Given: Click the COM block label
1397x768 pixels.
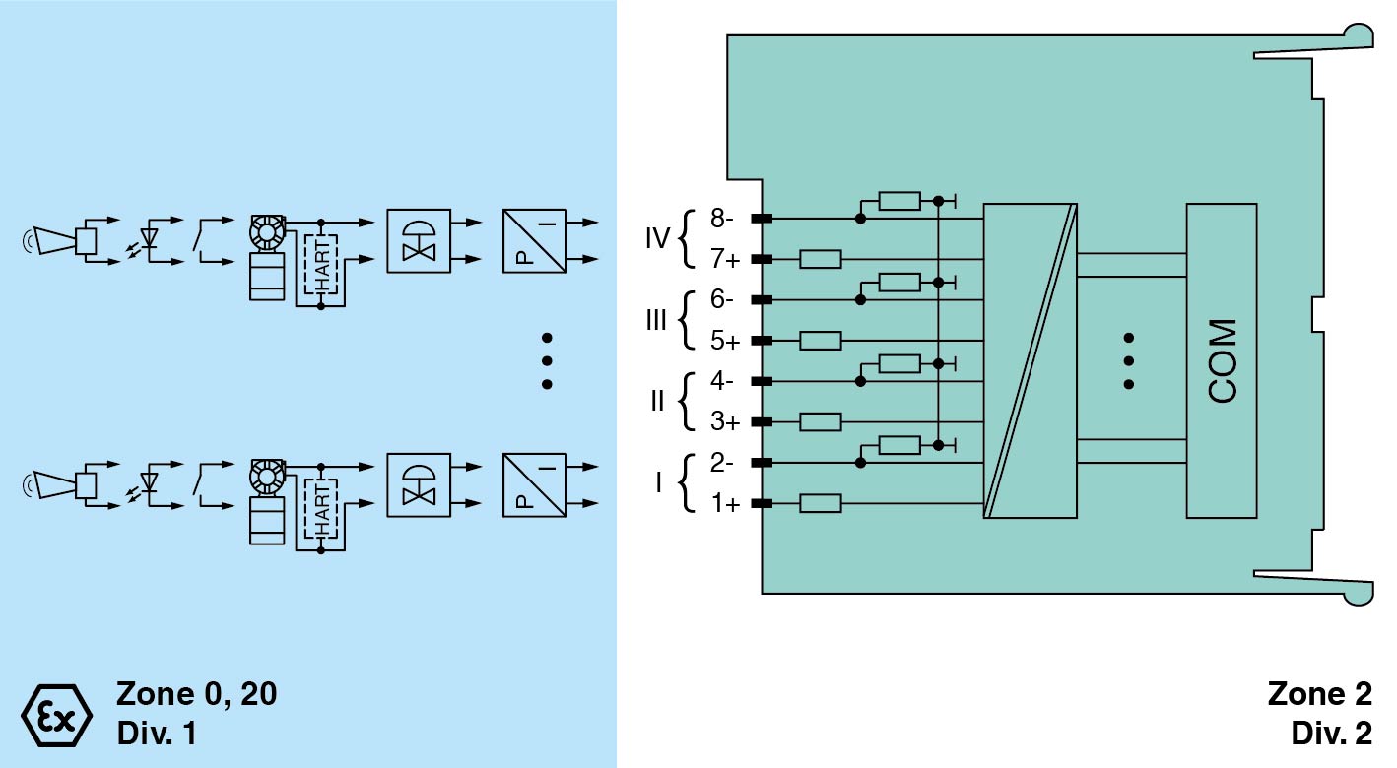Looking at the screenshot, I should pyautogui.click(x=1222, y=360).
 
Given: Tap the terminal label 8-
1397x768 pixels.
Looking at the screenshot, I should pyautogui.click(x=725, y=218).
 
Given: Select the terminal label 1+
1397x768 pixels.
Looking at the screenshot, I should pyautogui.click(x=725, y=504).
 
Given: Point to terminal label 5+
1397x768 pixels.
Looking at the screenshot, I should pyautogui.click(x=725, y=341).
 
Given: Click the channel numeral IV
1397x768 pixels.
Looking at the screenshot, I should pyautogui.click(x=657, y=238).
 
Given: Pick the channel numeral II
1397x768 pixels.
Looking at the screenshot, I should pyautogui.click(x=657, y=402).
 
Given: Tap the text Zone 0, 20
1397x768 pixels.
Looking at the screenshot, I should pyautogui.click(x=197, y=694).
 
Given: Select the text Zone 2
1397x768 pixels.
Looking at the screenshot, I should pyautogui.click(x=1319, y=694).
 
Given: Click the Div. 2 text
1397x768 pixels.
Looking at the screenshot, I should pyautogui.click(x=1330, y=734).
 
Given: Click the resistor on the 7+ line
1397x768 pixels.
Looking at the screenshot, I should pyautogui.click(x=820, y=259).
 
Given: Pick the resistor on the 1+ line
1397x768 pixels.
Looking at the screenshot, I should pyautogui.click(x=820, y=504).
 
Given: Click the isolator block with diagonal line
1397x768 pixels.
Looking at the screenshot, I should pyautogui.click(x=1030, y=360).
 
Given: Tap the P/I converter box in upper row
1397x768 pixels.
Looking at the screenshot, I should pyautogui.click(x=533, y=239).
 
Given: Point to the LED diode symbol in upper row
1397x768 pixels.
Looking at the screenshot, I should pyautogui.click(x=150, y=239).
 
